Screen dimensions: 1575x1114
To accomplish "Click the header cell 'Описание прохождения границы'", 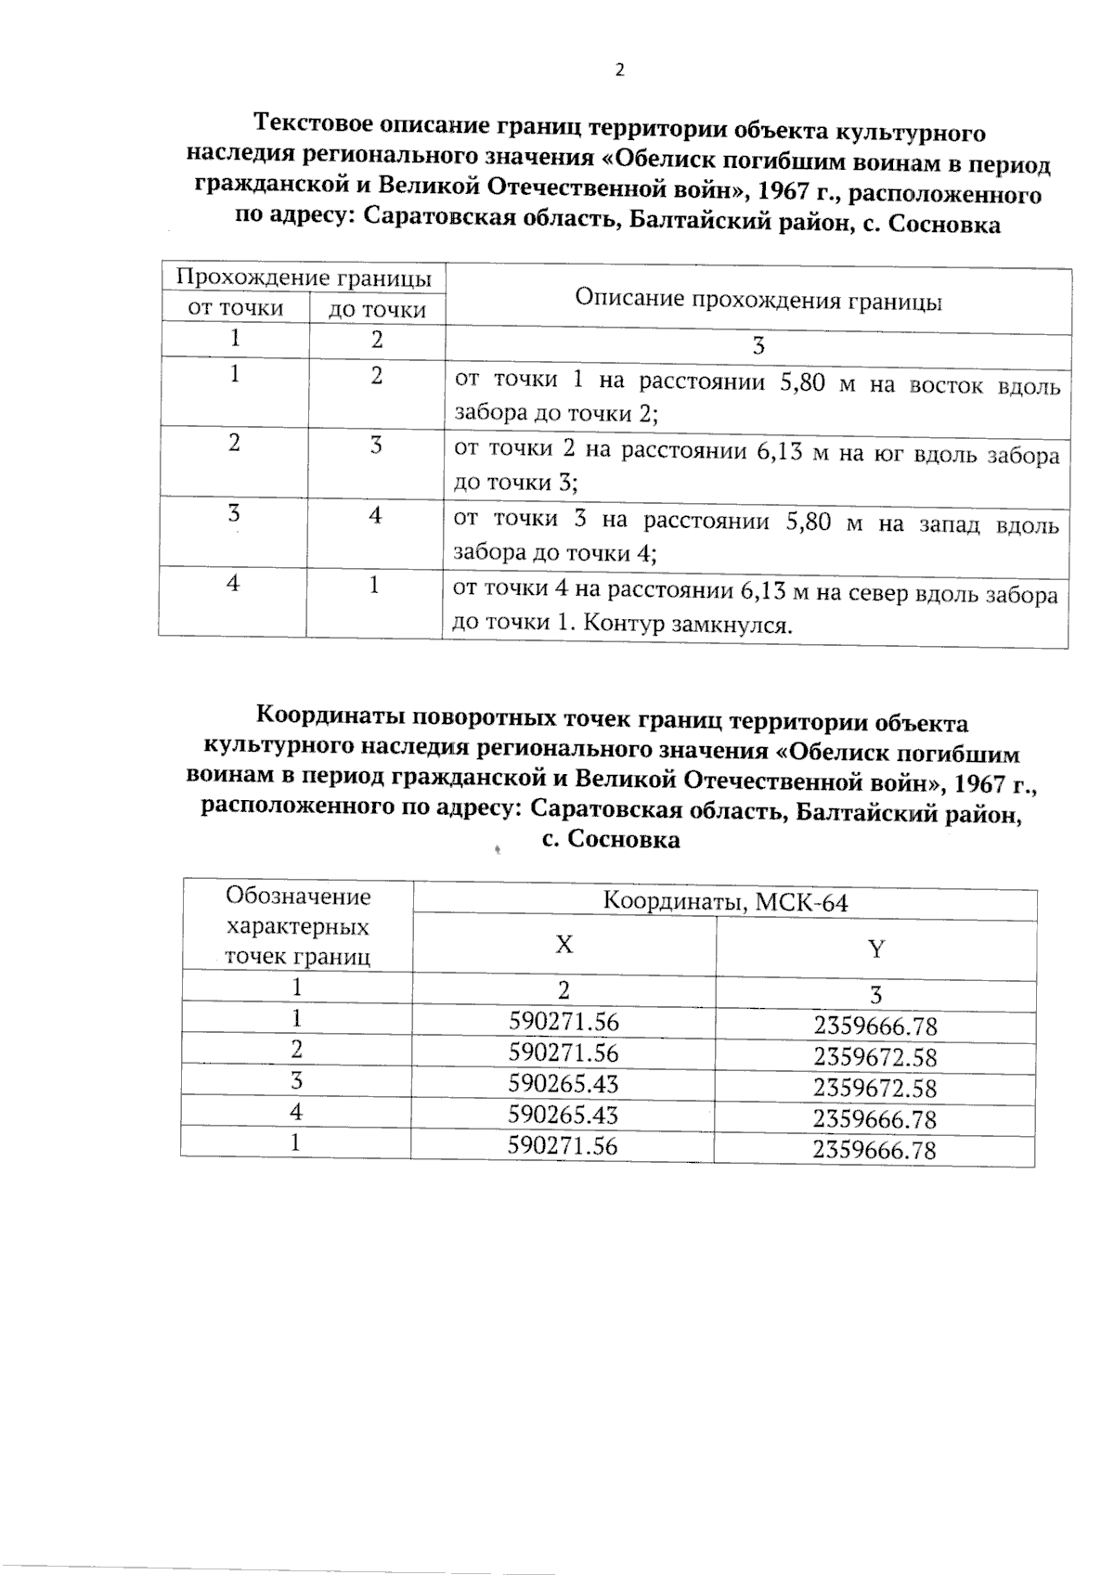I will pyautogui.click(x=758, y=301).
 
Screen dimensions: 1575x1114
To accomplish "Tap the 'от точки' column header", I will pyautogui.click(x=235, y=308).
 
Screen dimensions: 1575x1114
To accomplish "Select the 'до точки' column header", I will pyautogui.click(x=377, y=310).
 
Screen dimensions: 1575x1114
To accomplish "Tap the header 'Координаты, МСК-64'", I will pyautogui.click(x=725, y=902).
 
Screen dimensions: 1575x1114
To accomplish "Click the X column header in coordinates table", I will pyautogui.click(x=563, y=945).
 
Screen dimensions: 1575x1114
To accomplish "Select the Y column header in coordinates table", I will pyautogui.click(x=875, y=949).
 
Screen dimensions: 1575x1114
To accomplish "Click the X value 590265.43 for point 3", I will pyautogui.click(x=563, y=1084).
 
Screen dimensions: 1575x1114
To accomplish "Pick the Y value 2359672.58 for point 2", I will pyautogui.click(x=875, y=1057).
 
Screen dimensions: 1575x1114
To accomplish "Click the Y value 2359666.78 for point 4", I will pyautogui.click(x=875, y=1119).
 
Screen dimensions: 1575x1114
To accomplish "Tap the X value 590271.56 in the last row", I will pyautogui.click(x=563, y=1145).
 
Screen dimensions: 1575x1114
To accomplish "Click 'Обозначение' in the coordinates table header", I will pyautogui.click(x=298, y=897).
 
